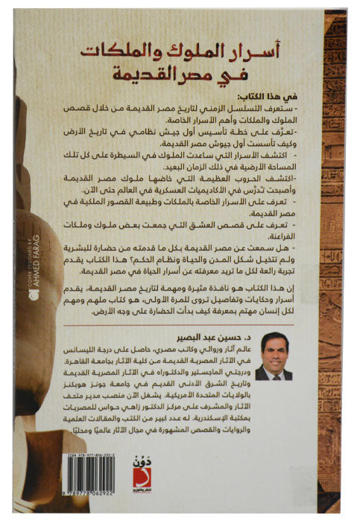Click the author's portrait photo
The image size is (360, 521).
[273, 356]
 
